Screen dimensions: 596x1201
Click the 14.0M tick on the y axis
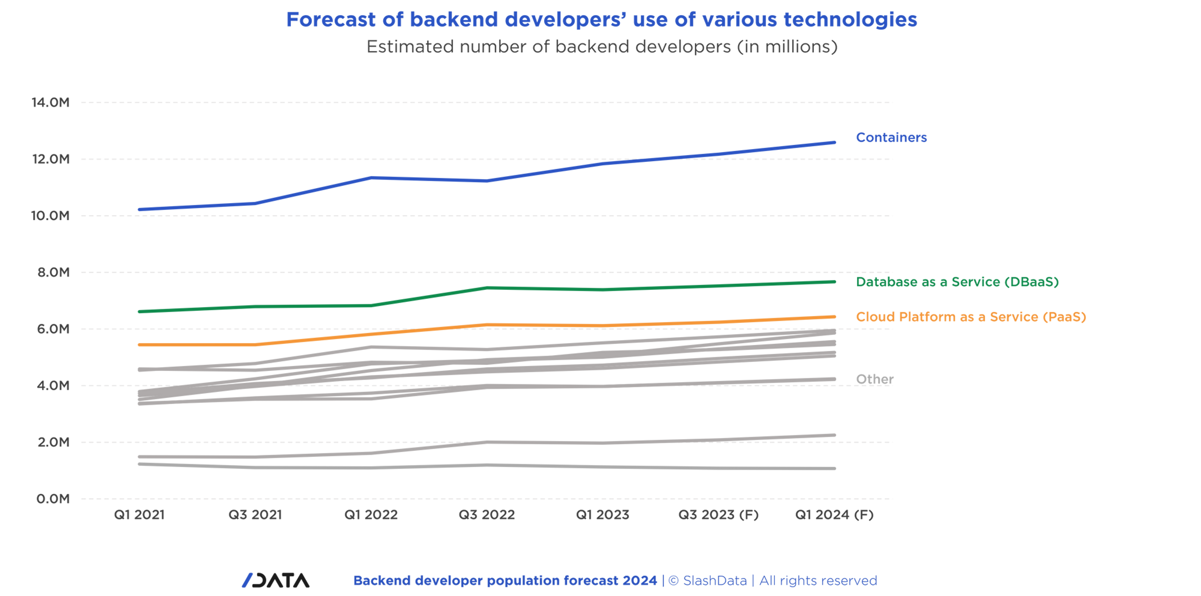coord(50,102)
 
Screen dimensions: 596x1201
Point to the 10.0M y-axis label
coord(50,216)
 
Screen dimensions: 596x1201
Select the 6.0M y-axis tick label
coord(53,329)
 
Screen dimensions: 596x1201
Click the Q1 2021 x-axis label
coord(139,515)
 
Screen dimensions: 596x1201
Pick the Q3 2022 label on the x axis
coord(487,515)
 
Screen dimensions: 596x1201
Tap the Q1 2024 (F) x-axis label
coord(834,515)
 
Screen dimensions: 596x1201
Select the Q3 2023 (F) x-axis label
coord(718,515)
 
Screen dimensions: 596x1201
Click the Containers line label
coord(891,137)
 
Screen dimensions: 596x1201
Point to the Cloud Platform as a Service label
coord(971,317)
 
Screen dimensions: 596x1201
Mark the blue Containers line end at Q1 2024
coord(834,142)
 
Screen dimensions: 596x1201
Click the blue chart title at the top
coord(601,20)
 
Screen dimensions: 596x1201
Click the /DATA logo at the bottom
coord(275,580)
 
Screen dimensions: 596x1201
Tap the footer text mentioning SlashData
coord(614,581)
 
